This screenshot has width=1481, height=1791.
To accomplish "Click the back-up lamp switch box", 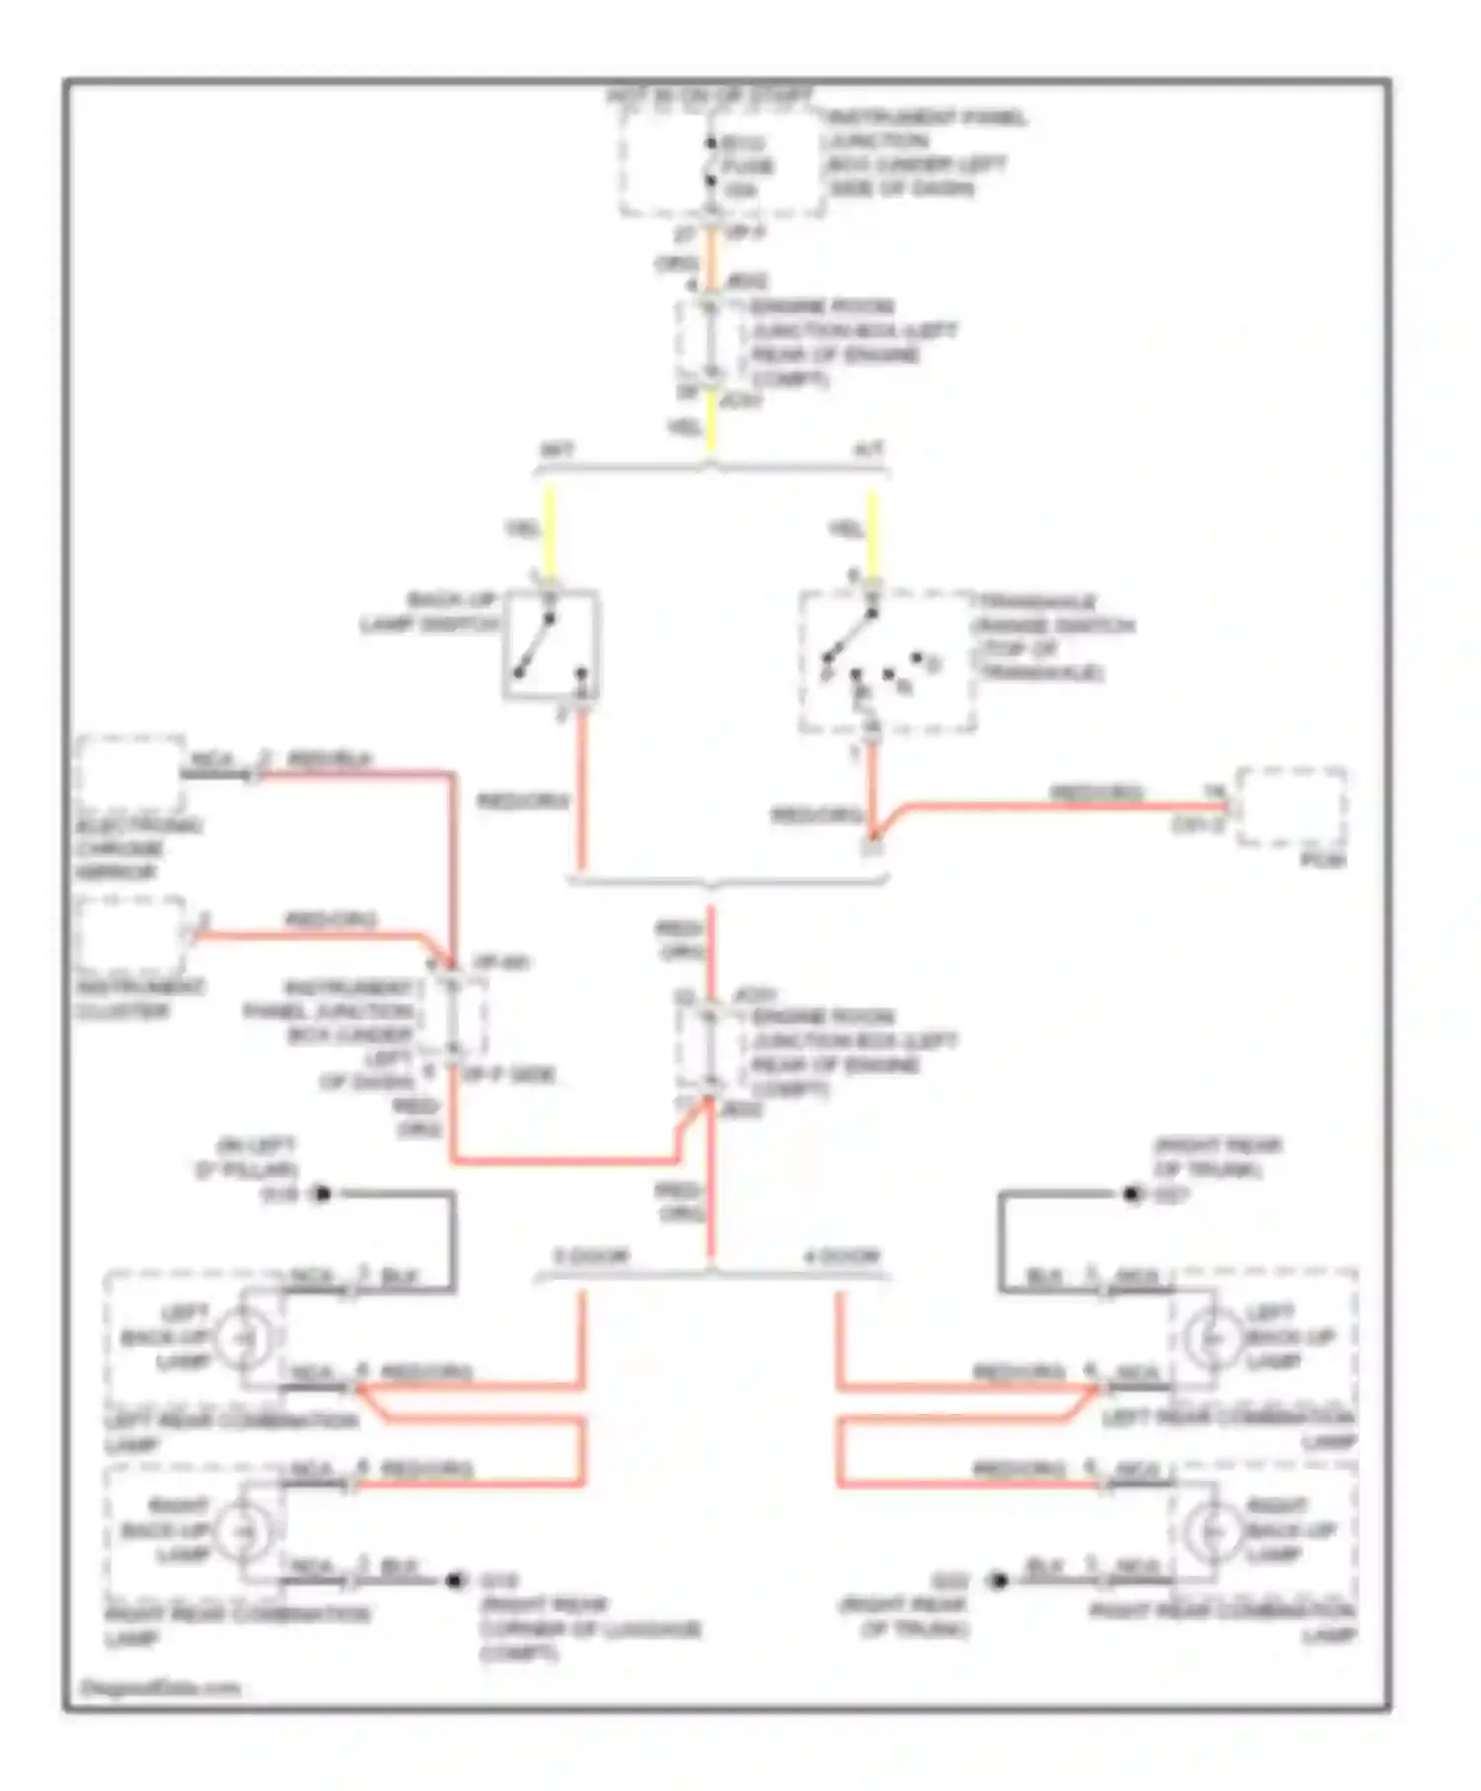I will click(x=551, y=645).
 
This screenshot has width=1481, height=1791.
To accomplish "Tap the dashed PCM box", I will click(x=1292, y=807).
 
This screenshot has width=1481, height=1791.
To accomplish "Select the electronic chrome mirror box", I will click(x=130, y=776).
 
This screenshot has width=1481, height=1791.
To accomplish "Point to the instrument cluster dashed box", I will click(x=130, y=934).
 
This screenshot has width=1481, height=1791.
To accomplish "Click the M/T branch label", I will click(x=557, y=451).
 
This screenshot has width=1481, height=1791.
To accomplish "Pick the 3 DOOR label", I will click(x=590, y=1257).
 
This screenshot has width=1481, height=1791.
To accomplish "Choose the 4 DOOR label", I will click(x=841, y=1257).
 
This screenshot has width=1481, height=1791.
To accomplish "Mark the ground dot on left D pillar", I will click(x=322, y=1194).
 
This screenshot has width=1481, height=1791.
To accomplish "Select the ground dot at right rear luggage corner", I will click(x=455, y=1581).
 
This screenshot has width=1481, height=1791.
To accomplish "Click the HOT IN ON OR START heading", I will click(x=709, y=97).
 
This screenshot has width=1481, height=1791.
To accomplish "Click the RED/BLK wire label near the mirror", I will click(x=330, y=759).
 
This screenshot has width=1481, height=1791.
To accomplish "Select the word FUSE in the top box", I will click(x=747, y=166).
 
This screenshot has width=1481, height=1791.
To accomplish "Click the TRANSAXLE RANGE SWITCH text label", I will click(x=1054, y=626).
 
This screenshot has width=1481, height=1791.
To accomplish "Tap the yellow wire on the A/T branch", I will click(x=871, y=533).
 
